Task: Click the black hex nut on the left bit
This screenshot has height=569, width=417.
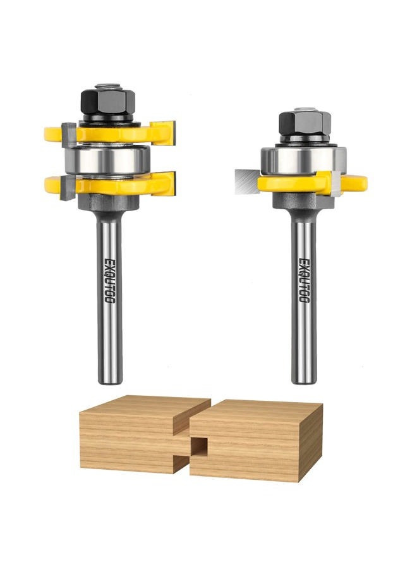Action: (x=107, y=102)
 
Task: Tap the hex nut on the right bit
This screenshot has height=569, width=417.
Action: (x=305, y=123)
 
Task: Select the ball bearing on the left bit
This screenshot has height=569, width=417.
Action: (x=107, y=160)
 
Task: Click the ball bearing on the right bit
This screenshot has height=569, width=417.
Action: (x=303, y=160)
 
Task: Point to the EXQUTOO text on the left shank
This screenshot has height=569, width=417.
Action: (x=109, y=281)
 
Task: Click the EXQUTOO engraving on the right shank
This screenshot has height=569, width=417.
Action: (x=305, y=280)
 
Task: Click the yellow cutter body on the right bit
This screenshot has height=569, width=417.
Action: (x=312, y=183)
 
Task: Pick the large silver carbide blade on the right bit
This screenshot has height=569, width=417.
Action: (x=246, y=181)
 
